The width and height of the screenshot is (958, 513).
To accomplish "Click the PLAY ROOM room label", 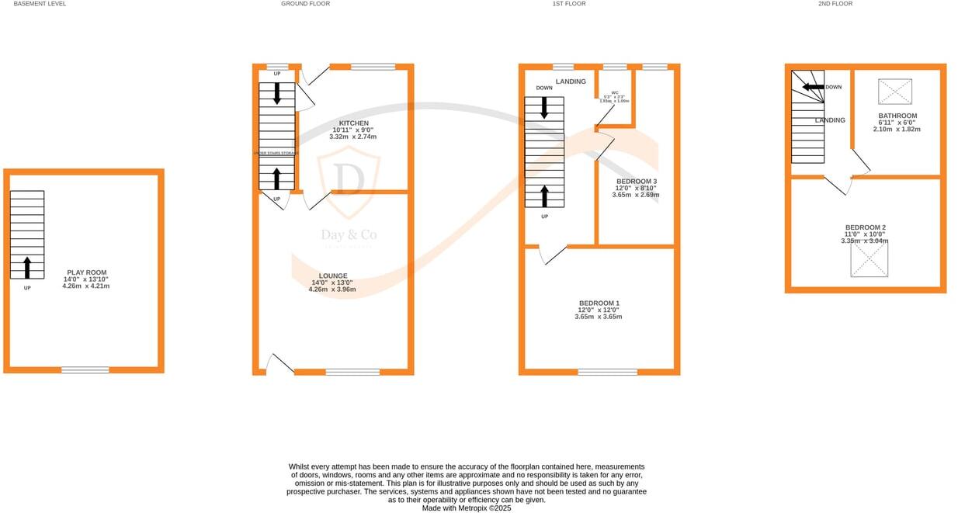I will tap(85, 272).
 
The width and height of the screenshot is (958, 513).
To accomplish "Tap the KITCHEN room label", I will tap(353, 123).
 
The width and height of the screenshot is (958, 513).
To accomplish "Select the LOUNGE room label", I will tap(332, 276).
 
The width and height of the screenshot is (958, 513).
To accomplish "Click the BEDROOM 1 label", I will tap(599, 303).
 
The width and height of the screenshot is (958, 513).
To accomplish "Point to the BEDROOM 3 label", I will tap(636, 182).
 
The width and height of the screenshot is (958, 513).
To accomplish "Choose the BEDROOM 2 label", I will tap(865, 227).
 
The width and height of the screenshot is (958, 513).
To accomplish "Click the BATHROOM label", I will tap(897, 116).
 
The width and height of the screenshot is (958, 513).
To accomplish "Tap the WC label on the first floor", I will tap(615, 92).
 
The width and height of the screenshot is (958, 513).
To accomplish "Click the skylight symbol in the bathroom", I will tap(895, 92).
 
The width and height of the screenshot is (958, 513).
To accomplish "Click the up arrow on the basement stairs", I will tap(27, 268).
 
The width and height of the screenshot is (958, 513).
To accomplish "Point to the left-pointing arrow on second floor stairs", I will tap(813, 88).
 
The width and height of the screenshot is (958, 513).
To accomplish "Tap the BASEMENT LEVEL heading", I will tap(40, 4).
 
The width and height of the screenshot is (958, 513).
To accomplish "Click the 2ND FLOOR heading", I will tap(835, 4).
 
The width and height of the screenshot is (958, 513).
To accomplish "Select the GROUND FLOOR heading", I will tap(305, 4).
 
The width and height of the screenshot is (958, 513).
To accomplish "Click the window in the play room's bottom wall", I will tap(85, 370).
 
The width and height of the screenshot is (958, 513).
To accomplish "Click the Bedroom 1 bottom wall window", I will tap(607, 373).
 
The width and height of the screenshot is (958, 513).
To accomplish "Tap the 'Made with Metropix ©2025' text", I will tap(467, 508).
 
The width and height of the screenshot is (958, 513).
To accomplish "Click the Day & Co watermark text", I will tap(349, 234).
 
